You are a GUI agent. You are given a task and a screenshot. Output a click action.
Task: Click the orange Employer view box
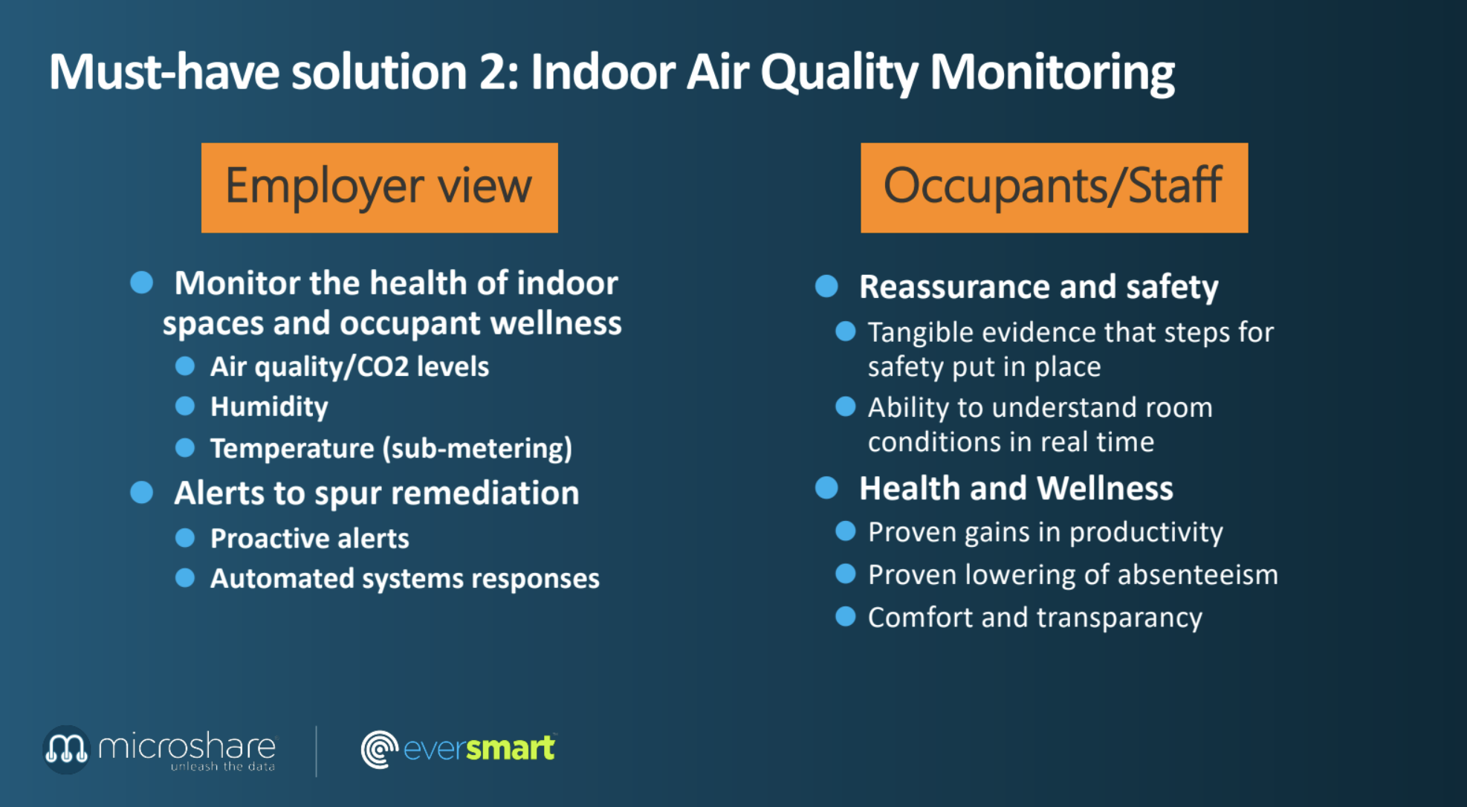point(379,187)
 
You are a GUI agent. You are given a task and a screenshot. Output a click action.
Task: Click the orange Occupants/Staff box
point(1054,187)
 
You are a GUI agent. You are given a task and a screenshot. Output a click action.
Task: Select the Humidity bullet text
point(269,407)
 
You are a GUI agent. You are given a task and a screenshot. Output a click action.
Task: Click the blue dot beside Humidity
point(185,406)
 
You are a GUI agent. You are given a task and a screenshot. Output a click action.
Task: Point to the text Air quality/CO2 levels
point(349,366)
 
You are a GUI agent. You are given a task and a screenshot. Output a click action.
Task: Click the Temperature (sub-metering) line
point(391,448)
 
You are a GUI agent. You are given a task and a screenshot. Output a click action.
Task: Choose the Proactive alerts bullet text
point(309,538)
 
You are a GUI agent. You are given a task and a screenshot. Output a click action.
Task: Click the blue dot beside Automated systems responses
point(185,577)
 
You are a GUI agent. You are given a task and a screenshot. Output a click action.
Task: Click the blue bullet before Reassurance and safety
point(826,286)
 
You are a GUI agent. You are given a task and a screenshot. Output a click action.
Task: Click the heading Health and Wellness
point(1016,488)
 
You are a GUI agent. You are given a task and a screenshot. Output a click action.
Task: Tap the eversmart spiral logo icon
point(380,749)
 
